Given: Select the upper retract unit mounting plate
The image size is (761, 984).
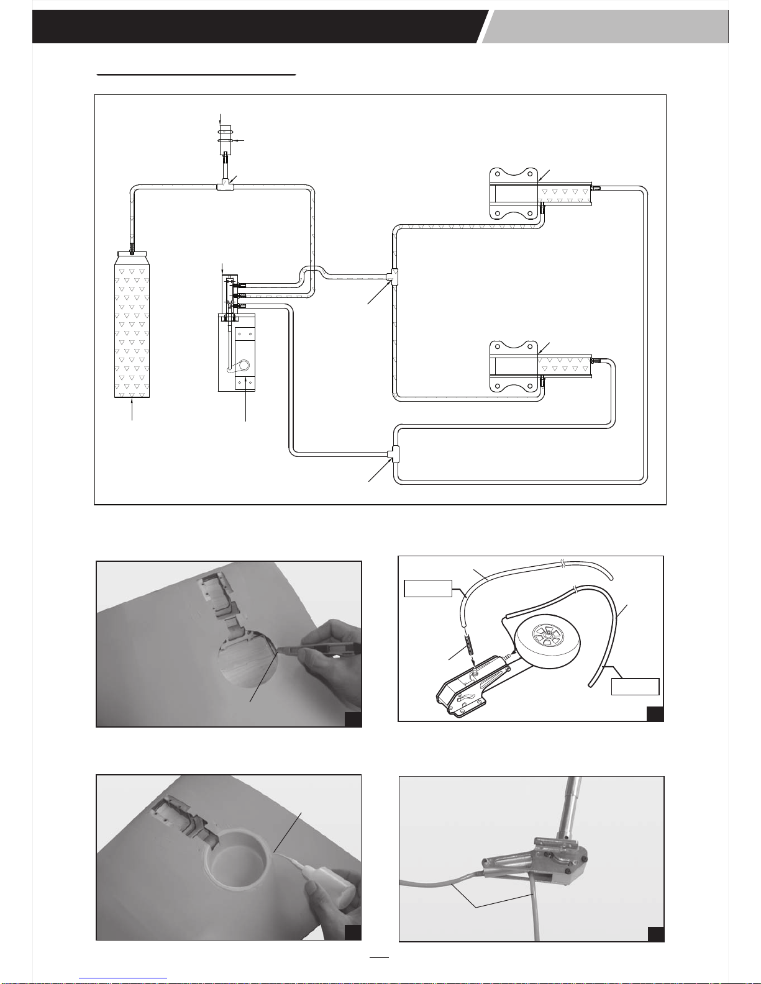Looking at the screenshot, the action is coord(513,193).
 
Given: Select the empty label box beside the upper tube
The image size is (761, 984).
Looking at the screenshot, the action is coord(427,588).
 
